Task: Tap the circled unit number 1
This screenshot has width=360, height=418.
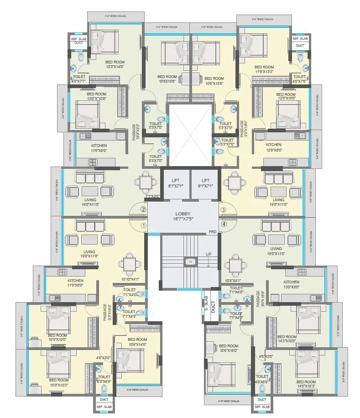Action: (x=143, y=225)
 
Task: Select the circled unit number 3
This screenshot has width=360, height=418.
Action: (x=224, y=210)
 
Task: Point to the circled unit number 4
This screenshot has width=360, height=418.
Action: (x=224, y=224)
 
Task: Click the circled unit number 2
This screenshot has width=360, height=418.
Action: (x=143, y=210)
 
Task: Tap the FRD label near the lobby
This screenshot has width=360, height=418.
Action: (x=212, y=232)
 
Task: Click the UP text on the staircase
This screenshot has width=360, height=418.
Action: (x=208, y=254)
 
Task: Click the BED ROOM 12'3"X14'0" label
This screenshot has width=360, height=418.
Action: (x=115, y=64)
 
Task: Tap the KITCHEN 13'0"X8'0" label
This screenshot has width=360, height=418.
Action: (x=292, y=284)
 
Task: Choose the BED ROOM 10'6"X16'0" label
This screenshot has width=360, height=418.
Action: (x=229, y=348)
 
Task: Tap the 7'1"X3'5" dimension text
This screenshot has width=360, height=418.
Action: (x=152, y=197)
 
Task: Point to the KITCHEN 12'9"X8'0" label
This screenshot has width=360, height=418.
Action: (x=274, y=147)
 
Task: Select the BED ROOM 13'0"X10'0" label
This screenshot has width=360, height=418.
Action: (x=96, y=96)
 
